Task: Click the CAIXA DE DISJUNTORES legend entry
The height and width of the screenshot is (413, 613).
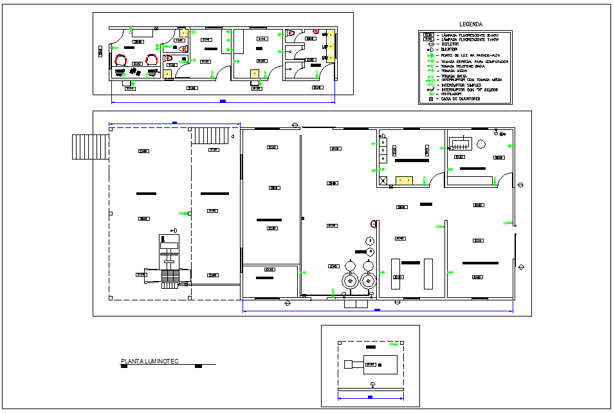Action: point(459,98)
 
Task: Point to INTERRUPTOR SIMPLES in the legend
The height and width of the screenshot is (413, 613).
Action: point(460,84)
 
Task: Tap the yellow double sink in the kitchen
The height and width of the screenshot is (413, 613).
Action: point(403,181)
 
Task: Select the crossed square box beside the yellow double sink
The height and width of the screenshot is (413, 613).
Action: point(383,181)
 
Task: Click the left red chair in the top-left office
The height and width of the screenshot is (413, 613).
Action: point(120,60)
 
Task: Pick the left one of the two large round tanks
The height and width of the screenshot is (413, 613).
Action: point(349,273)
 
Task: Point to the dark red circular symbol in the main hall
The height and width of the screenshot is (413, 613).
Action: point(373,224)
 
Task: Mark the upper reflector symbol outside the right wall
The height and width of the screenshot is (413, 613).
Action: point(518,185)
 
